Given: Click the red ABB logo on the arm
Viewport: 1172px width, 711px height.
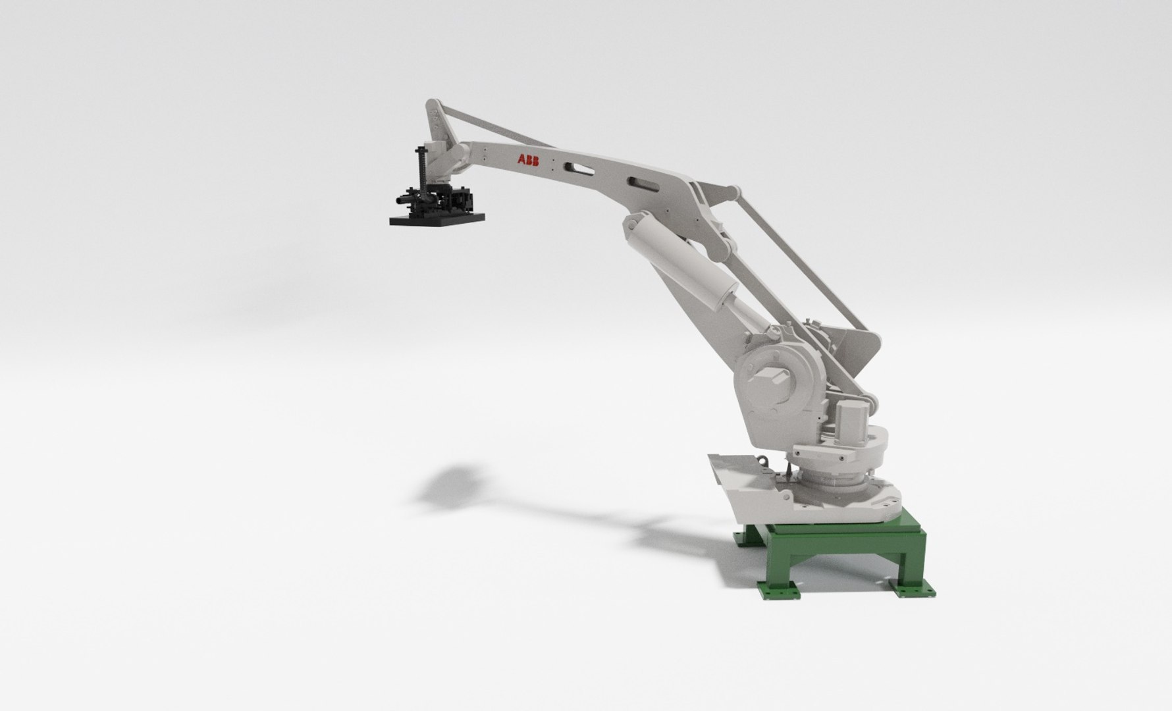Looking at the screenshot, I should [x=528, y=161].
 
